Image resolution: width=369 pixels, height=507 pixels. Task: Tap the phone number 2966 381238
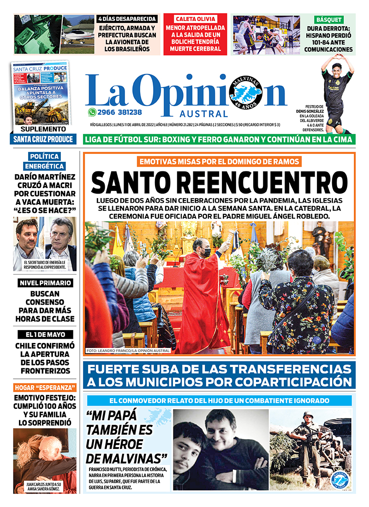click(119, 112)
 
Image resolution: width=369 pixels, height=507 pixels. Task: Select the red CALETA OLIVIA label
click(195, 19)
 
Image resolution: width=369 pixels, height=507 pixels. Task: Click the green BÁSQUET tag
click(329, 19)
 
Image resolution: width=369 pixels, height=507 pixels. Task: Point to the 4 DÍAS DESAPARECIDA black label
click(128, 19)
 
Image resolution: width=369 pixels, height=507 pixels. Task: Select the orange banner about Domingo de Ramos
click(219, 162)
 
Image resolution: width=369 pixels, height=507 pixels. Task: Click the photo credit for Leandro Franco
click(128, 351)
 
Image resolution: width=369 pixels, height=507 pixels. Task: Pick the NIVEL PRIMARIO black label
click(45, 283)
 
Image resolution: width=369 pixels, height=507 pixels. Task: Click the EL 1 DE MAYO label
click(45, 335)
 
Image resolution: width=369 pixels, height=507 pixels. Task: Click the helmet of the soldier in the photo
click(308, 415)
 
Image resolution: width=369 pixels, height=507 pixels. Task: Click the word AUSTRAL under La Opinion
click(210, 114)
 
